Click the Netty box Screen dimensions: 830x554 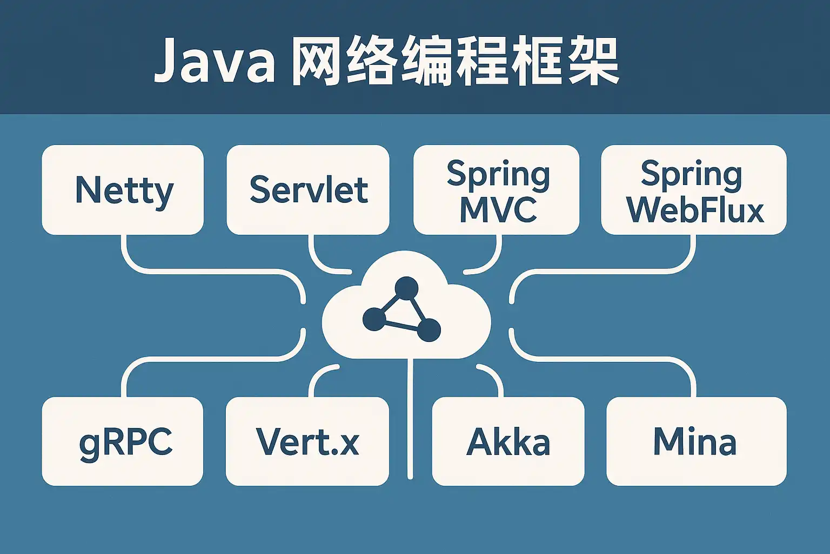[x=123, y=190]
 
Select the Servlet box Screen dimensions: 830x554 [x=308, y=190]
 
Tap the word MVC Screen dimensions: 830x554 [x=498, y=210]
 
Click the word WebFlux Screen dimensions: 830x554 [x=695, y=211]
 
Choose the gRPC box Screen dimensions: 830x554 [x=123, y=441]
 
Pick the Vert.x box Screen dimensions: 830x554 [x=307, y=441]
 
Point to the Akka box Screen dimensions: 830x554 [x=508, y=441]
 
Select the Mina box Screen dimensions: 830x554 [x=697, y=441]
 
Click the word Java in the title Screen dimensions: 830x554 [x=214, y=60]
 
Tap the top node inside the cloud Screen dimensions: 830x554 [x=406, y=288]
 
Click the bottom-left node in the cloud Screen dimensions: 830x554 [x=374, y=319]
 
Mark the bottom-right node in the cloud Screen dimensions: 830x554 [x=429, y=329]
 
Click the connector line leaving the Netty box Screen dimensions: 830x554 [x=207, y=272]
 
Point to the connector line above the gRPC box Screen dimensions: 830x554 [x=207, y=359]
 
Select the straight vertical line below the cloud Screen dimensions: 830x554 [x=410, y=419]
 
